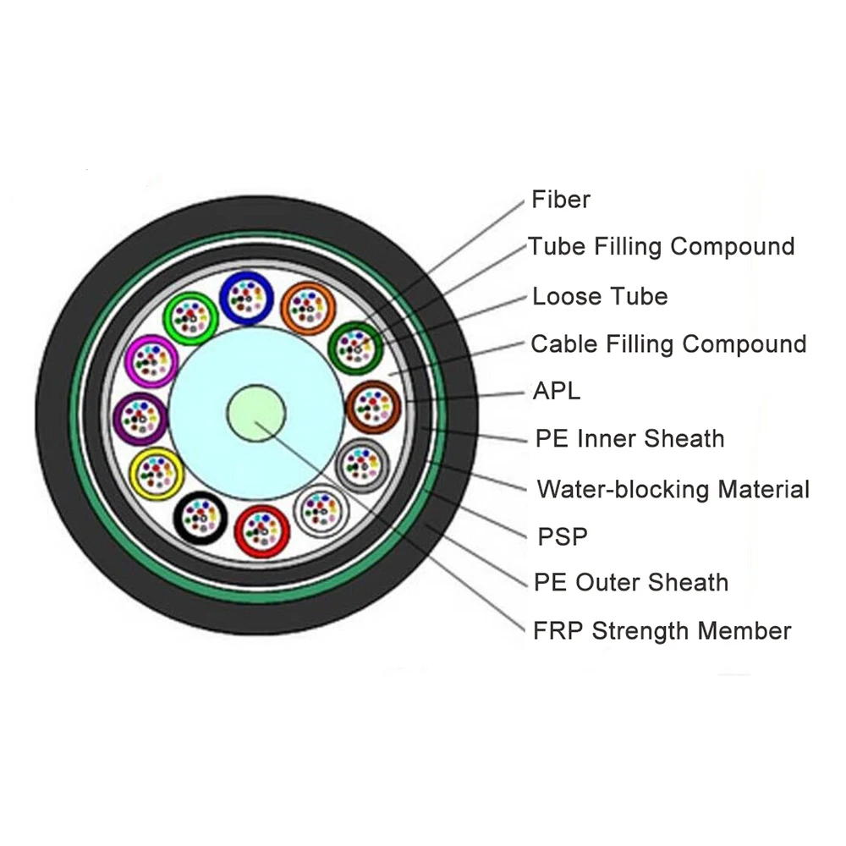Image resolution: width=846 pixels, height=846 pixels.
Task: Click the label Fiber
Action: tap(560, 200)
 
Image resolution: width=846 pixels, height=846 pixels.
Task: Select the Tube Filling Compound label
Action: tap(661, 246)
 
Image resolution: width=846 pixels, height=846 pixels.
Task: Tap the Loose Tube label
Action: tap(599, 296)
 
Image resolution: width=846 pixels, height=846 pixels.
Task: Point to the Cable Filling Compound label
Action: tap(667, 344)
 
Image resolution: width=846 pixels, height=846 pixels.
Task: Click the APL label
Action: tap(557, 391)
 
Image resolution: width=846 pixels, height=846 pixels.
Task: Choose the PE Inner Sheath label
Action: tap(629, 438)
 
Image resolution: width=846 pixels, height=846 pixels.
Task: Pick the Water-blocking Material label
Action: tap(673, 489)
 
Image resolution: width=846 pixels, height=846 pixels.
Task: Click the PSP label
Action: tap(563, 536)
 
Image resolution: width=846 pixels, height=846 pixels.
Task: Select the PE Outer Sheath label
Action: tap(631, 582)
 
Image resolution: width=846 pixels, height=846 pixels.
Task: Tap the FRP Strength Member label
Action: tap(662, 631)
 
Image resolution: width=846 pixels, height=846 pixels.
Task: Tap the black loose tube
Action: tap(201, 516)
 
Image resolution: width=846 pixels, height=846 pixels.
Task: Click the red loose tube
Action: tap(261, 530)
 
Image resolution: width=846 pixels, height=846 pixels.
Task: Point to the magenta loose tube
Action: tap(150, 361)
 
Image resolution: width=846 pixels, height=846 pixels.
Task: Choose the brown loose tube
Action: tap(373, 408)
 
